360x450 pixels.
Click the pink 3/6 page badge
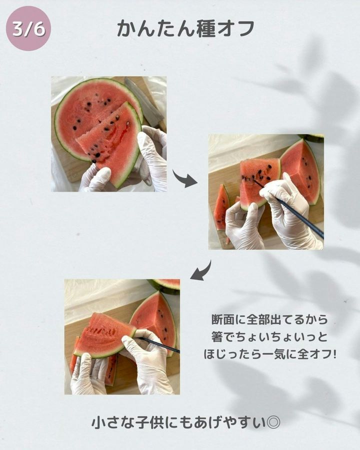28,28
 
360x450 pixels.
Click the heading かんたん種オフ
185,29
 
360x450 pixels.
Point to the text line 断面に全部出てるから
269,319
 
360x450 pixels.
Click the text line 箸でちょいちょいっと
269,336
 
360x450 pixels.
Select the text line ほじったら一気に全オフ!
269,354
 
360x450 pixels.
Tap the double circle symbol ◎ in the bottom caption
273,422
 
